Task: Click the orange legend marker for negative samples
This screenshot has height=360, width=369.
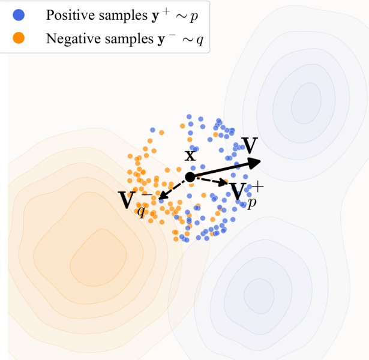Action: coord(19,38)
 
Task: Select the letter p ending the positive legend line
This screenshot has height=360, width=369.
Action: coord(193,17)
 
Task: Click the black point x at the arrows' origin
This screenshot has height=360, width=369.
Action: coord(190,177)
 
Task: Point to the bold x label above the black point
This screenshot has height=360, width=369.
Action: coord(190,155)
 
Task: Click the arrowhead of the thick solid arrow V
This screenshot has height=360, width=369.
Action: coord(254,161)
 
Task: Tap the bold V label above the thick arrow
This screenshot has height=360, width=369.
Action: coord(250,145)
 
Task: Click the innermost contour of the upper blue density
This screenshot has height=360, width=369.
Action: coord(306,102)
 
